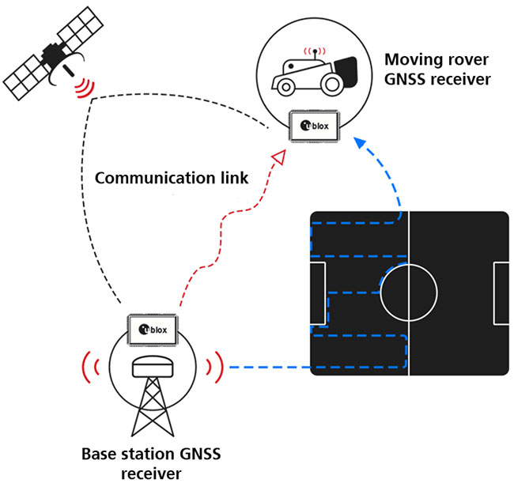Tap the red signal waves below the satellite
click(82, 87)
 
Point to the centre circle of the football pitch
click(409, 293)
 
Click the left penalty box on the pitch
click(318, 293)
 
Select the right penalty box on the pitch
click(500, 293)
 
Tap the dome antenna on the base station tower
click(152, 367)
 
